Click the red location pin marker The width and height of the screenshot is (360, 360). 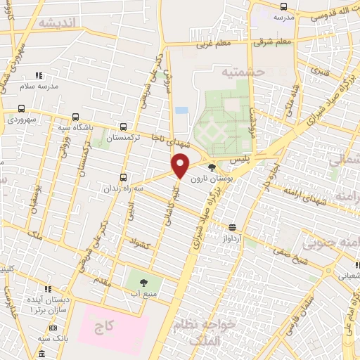click(x=181, y=165)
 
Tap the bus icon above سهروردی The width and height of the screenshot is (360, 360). click(x=22, y=109)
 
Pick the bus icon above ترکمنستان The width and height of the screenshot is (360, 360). click(x=124, y=127)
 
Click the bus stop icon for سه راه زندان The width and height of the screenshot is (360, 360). click(x=124, y=177)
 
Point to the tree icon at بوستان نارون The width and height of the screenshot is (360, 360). click(x=213, y=167)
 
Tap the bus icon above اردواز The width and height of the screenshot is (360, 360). click(x=233, y=226)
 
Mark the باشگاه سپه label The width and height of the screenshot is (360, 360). click(x=73, y=128)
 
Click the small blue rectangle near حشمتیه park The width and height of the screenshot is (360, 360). click(x=181, y=110)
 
